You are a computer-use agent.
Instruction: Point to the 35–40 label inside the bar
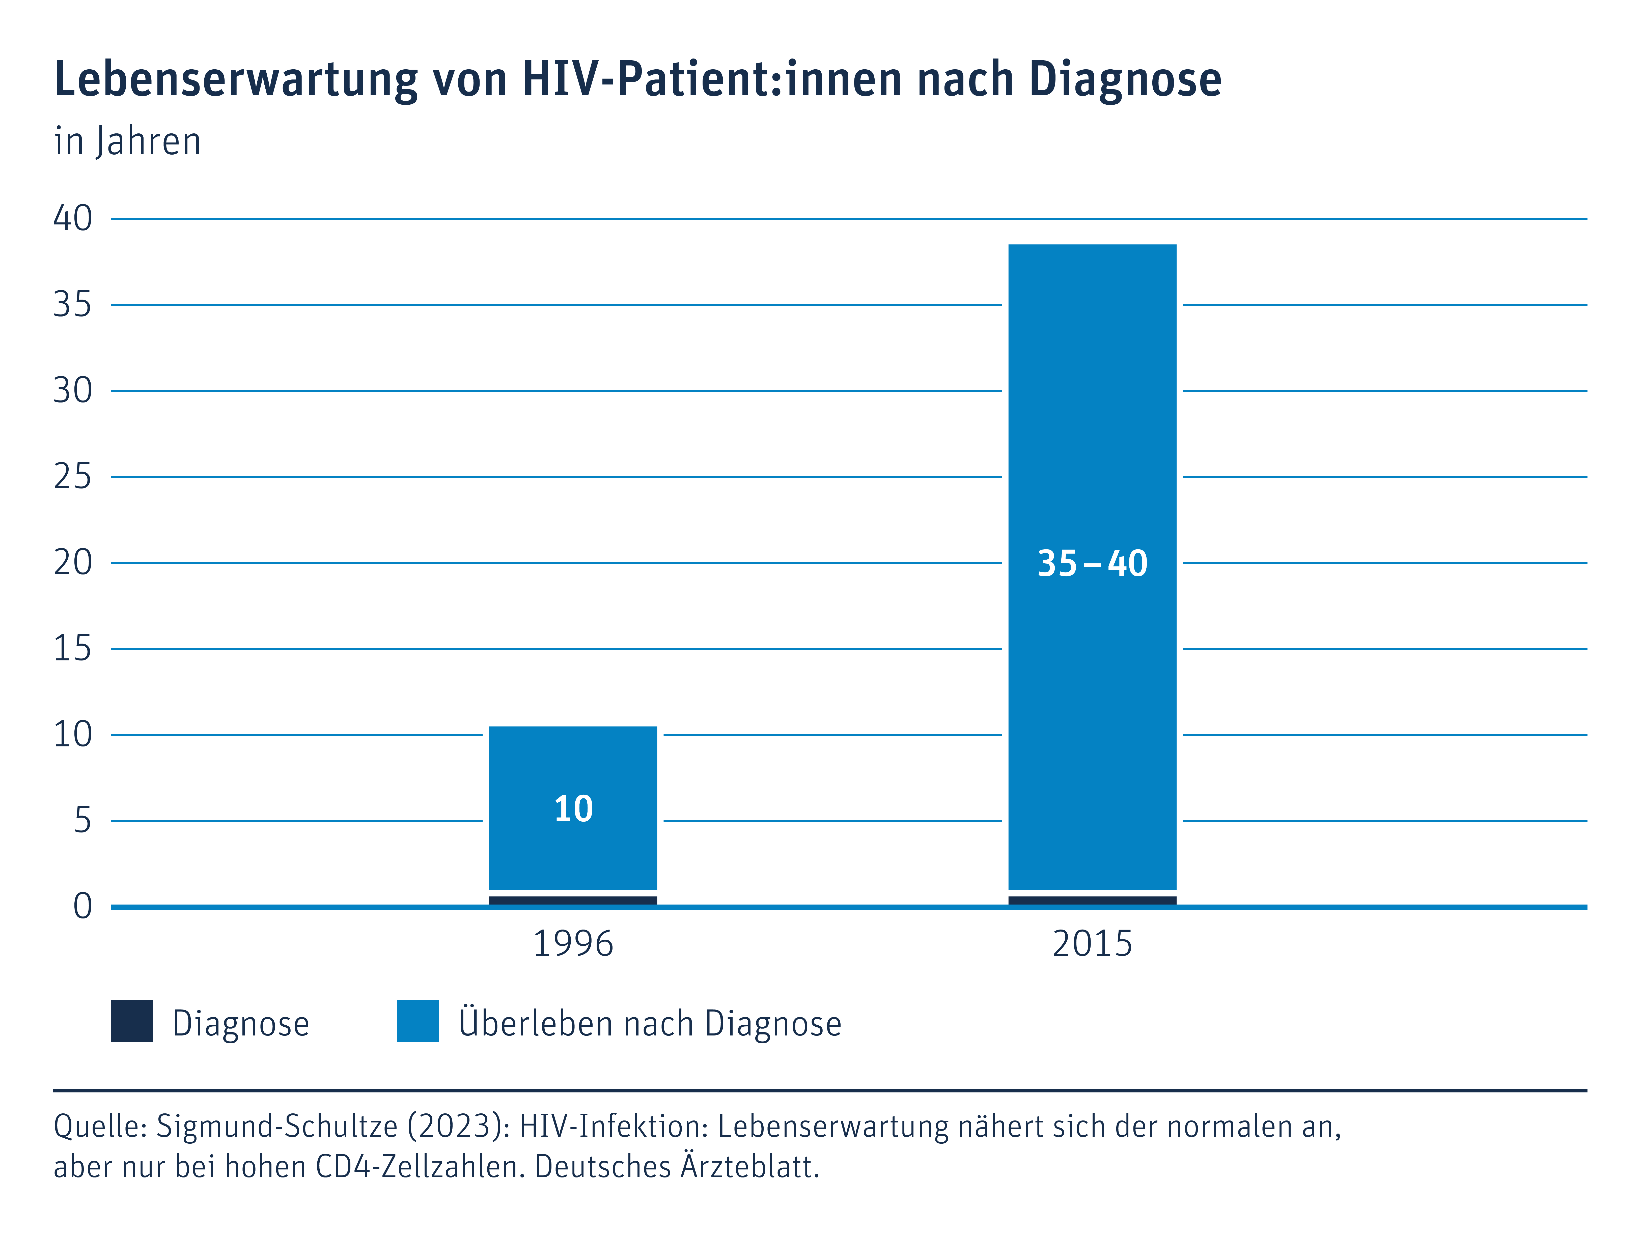tap(1092, 563)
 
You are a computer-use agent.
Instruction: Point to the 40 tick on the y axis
tap(73, 219)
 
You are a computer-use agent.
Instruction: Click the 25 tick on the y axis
tap(73, 477)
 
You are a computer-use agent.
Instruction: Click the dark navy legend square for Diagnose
tap(132, 1021)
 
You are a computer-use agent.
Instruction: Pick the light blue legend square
tap(418, 1021)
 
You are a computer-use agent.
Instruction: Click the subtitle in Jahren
tap(128, 141)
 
